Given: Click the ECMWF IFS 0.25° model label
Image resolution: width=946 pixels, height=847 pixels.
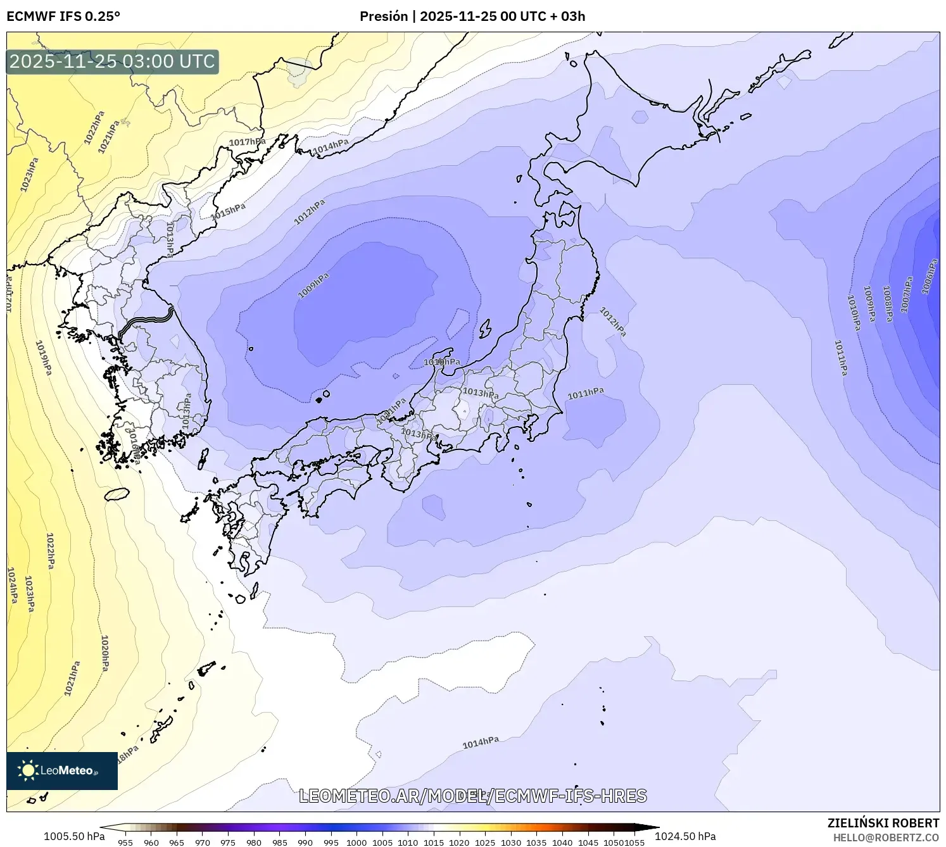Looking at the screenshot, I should click(63, 16).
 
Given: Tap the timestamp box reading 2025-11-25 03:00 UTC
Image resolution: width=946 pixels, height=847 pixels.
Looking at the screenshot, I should click(113, 61).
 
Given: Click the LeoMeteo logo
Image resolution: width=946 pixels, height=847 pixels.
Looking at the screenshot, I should click(62, 770).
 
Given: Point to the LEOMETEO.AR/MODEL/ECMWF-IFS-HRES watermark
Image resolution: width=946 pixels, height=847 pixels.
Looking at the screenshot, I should click(472, 796).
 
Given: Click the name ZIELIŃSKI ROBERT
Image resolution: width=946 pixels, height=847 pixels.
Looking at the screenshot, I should click(883, 823).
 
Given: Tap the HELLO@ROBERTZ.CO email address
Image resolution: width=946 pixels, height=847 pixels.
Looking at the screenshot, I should click(886, 838).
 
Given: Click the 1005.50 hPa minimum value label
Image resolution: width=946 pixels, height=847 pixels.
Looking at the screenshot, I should click(74, 836).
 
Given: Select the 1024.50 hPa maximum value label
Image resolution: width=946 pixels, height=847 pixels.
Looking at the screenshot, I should click(685, 836).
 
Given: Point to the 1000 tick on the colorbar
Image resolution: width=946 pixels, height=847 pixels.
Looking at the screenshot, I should click(356, 842).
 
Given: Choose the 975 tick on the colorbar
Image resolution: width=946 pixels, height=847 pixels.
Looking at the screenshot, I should click(228, 842).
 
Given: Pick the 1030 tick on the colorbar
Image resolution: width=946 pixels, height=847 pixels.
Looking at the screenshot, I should click(510, 842).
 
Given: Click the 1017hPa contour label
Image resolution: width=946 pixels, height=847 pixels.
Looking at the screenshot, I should click(247, 142).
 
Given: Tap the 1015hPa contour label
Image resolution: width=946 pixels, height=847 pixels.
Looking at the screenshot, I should click(228, 211).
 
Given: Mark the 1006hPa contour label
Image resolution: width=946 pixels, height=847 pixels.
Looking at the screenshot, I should click(929, 277).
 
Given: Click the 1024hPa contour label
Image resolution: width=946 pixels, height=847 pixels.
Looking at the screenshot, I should click(12, 585).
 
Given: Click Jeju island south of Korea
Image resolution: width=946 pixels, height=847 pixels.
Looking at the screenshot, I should click(117, 494).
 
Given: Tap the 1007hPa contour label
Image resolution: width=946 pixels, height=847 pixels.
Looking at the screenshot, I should click(907, 294).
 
